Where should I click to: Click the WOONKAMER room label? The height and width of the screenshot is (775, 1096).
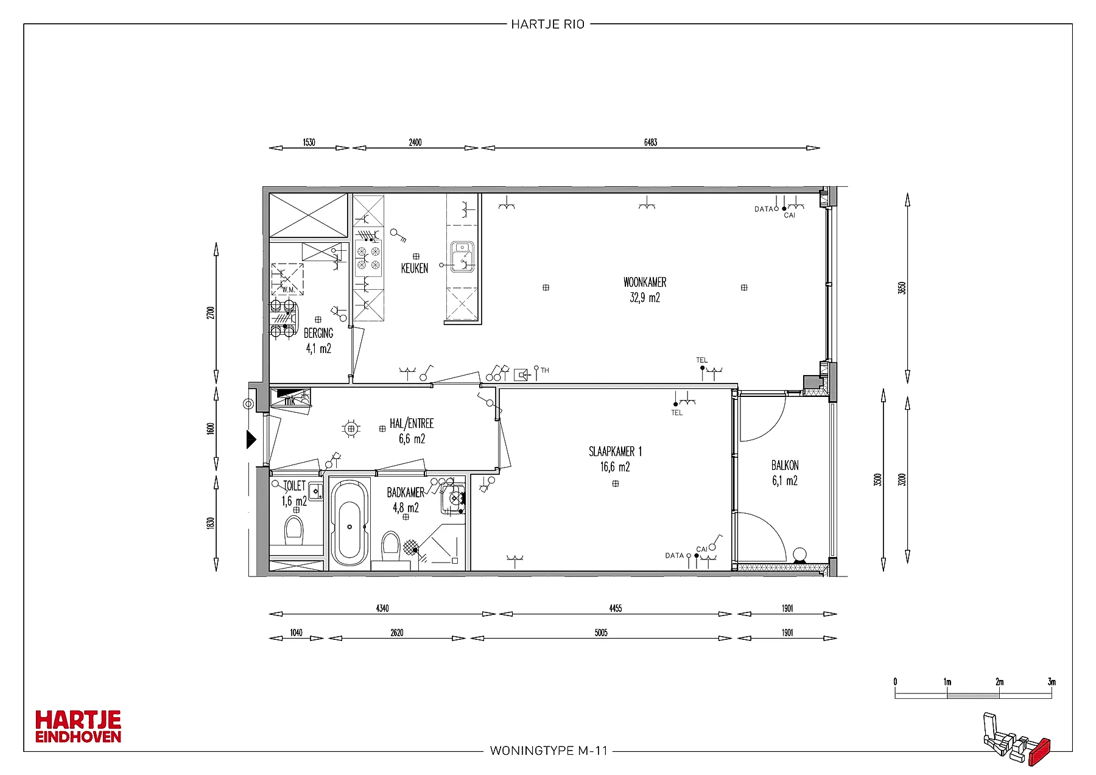[645, 282]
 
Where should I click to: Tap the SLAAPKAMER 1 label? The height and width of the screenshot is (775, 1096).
[615, 452]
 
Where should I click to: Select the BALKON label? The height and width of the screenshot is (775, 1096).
[785, 466]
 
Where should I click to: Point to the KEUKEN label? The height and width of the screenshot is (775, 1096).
[415, 268]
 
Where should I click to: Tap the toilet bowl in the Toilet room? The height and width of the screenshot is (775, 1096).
[294, 531]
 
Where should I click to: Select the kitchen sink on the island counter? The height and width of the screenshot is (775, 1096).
[462, 256]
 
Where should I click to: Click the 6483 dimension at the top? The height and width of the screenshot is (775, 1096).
[650, 142]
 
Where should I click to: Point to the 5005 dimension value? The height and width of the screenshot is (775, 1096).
[601, 633]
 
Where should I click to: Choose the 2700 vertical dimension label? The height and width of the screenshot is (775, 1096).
[211, 313]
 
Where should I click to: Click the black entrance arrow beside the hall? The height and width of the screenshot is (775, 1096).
[251, 439]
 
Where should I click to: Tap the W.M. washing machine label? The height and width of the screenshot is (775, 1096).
[289, 290]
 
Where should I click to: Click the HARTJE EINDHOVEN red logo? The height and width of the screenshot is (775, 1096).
[79, 726]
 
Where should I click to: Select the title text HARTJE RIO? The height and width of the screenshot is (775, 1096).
[548, 24]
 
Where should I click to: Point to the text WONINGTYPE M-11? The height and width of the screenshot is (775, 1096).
[549, 751]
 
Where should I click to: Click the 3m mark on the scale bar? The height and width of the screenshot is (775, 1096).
[1052, 682]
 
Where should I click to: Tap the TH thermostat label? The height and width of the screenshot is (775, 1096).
[545, 371]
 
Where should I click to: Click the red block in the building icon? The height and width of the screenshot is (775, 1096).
[1039, 751]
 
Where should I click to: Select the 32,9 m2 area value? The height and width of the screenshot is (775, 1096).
[645, 298]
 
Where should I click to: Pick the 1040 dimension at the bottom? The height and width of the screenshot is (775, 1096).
[296, 633]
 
